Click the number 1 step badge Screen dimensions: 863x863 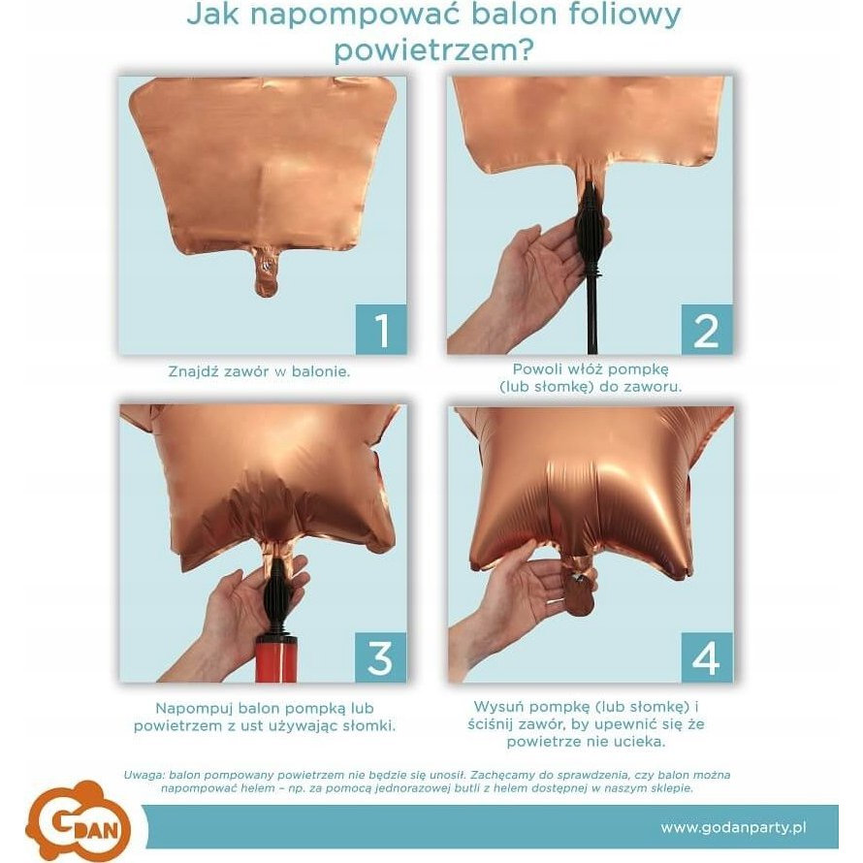click(381, 329)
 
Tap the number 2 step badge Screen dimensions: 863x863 click(707, 329)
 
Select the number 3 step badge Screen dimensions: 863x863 click(381, 657)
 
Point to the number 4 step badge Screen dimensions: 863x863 click(707, 657)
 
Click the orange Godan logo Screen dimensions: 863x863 click(78, 819)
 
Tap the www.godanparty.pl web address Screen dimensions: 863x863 click(733, 827)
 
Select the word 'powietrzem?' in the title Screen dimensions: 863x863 click(433, 50)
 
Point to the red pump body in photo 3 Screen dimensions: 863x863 click(275, 659)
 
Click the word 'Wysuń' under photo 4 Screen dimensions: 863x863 click(498, 707)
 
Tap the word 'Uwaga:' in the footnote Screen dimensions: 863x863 click(144, 776)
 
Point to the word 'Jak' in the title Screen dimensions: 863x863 click(212, 15)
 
